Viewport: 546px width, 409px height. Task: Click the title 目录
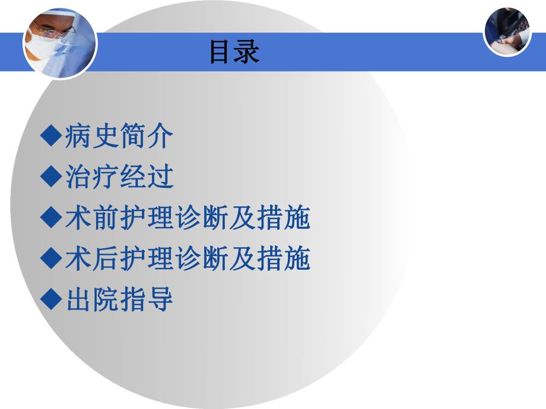pyautogui.click(x=234, y=52)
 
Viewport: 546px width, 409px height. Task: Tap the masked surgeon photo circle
pyautogui.click(x=59, y=43)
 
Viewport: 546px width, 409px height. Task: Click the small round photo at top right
pyautogui.click(x=507, y=31)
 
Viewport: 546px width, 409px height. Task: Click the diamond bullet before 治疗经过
pyautogui.click(x=51, y=176)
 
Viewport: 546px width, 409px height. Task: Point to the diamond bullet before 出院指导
pyautogui.click(x=51, y=299)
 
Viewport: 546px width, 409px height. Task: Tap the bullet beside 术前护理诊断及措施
pyautogui.click(x=51, y=218)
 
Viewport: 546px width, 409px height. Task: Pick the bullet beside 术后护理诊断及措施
pyautogui.click(x=51, y=258)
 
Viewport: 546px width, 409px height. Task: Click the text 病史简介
pyautogui.click(x=119, y=137)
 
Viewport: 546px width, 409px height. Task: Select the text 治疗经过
pyautogui.click(x=119, y=177)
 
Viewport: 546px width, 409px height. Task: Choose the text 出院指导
pyautogui.click(x=119, y=299)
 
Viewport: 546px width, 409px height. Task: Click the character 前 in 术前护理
pyautogui.click(x=105, y=218)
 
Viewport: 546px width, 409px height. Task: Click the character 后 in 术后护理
pyautogui.click(x=105, y=258)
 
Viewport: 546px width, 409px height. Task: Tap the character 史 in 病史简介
pyautogui.click(x=105, y=137)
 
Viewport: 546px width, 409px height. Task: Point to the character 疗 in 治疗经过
pyautogui.click(x=105, y=177)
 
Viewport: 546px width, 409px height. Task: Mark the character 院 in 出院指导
pyautogui.click(x=105, y=299)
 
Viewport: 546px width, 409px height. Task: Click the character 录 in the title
pyautogui.click(x=247, y=52)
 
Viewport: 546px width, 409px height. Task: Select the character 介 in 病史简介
pyautogui.click(x=160, y=137)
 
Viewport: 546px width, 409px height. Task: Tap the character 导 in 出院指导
pyautogui.click(x=160, y=299)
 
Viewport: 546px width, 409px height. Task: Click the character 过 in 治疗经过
pyautogui.click(x=160, y=177)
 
